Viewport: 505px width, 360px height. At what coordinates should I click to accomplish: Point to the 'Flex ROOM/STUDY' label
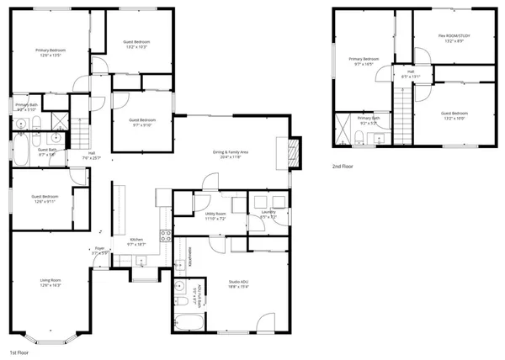coord(454,35)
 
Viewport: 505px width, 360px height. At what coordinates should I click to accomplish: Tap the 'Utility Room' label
coord(215,214)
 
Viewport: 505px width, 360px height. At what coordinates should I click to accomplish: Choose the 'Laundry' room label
coord(268,215)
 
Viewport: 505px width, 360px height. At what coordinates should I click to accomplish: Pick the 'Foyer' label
coord(99,248)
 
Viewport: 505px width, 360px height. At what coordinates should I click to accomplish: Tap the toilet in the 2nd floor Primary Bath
coord(359,136)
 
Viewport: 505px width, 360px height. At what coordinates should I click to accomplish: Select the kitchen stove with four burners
coord(166,236)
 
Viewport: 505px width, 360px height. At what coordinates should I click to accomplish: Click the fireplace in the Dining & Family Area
coord(293,152)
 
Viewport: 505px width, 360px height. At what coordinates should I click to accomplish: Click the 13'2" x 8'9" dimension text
coord(454,41)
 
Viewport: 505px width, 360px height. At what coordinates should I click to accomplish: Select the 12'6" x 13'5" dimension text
coord(50,56)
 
